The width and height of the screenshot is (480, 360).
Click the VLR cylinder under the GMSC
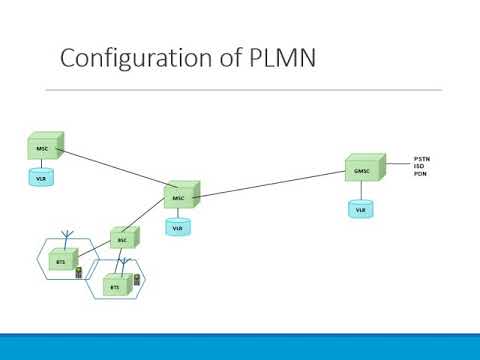click(360, 209)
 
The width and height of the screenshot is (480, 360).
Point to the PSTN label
click(421, 159)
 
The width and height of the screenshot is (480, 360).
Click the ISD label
click(419, 167)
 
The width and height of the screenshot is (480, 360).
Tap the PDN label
click(420, 175)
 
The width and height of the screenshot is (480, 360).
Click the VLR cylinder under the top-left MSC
click(41, 179)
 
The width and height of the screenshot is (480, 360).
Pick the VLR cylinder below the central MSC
click(178, 227)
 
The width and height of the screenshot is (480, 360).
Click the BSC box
click(123, 240)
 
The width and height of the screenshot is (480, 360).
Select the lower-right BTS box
click(114, 286)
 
